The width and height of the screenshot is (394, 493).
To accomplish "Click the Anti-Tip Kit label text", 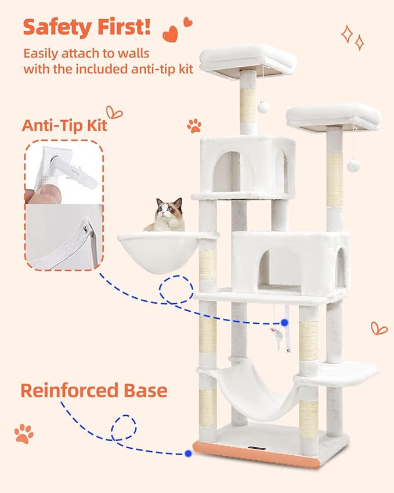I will click(x=64, y=125).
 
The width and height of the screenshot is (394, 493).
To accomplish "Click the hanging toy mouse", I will click(x=277, y=337).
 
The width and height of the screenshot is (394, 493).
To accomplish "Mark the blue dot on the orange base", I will click(x=189, y=453).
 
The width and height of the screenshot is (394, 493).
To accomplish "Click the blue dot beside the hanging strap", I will click(x=285, y=321).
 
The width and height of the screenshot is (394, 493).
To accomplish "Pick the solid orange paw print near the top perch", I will click(x=194, y=125).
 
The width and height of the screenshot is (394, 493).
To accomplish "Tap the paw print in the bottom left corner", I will click(x=24, y=433).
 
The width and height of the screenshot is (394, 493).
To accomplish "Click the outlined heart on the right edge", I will click(x=379, y=328).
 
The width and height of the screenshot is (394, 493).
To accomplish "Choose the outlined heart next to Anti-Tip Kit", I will click(x=114, y=111).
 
